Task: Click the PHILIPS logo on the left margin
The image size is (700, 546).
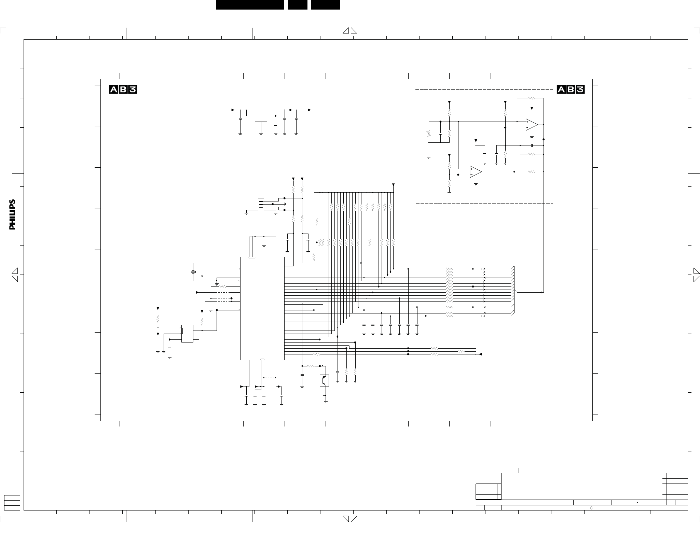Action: click(12, 214)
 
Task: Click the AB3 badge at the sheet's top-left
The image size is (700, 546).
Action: click(123, 89)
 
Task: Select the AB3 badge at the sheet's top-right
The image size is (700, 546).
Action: click(571, 89)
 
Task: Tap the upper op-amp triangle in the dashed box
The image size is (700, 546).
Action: click(532, 125)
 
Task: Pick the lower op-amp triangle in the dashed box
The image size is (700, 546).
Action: click(476, 172)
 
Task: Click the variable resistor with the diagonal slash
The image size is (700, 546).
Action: click(429, 134)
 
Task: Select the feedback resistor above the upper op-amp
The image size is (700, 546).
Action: click(532, 98)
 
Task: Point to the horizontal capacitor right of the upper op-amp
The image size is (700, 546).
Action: click(532, 145)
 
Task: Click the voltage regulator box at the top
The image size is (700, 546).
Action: click(261, 113)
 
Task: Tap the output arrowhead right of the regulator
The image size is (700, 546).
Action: click(310, 110)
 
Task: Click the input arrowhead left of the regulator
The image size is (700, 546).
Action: click(233, 110)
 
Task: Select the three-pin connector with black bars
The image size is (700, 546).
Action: click(261, 206)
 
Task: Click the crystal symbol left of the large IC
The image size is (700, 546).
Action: click(193, 272)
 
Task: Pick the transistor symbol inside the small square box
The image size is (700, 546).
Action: click(324, 381)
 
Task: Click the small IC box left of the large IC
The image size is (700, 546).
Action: click(187, 333)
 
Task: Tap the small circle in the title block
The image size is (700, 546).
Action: click(592, 508)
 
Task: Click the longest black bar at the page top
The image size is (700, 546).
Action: click(250, 5)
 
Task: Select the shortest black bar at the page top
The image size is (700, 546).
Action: click(298, 5)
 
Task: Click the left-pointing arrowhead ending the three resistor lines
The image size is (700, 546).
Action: click(480, 354)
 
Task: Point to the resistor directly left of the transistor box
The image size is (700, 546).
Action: click(311, 366)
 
